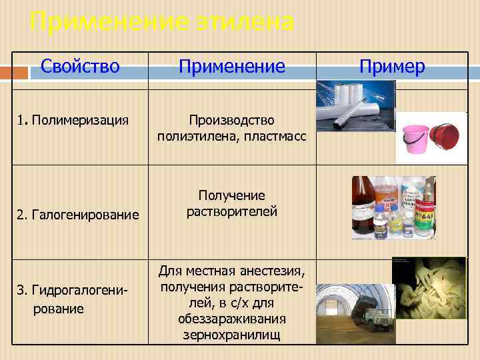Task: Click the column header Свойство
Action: pyautogui.click(x=80, y=67)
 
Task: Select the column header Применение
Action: pyautogui.click(x=231, y=67)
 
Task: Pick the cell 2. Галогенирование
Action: pyautogui.click(x=79, y=215)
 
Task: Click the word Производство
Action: pyautogui.click(x=231, y=120)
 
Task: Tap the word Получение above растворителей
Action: pyautogui.click(x=231, y=195)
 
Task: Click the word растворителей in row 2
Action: pyautogui.click(x=231, y=211)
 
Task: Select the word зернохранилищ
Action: pyautogui.click(x=231, y=334)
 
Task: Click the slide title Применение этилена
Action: pyautogui.click(x=162, y=22)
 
